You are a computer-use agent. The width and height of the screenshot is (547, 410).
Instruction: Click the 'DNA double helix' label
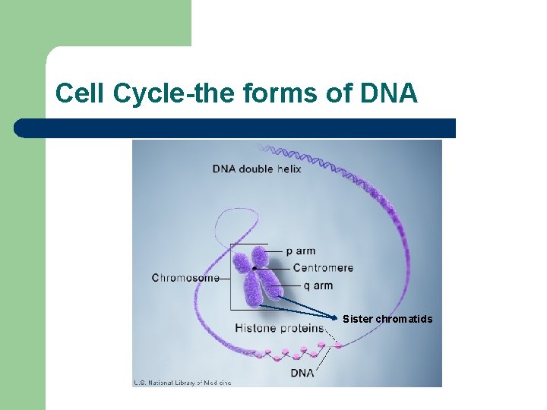click(x=257, y=169)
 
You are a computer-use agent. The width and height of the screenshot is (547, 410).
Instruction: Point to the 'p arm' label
click(x=301, y=251)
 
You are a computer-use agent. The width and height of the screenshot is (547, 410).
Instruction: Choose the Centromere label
click(x=323, y=268)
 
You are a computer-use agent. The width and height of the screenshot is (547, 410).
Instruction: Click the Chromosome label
click(x=185, y=278)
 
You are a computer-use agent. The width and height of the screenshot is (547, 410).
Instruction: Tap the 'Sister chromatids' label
click(x=387, y=319)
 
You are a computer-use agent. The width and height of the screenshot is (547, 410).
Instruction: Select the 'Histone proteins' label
click(x=280, y=328)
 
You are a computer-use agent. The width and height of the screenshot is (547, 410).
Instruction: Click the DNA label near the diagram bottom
click(x=303, y=374)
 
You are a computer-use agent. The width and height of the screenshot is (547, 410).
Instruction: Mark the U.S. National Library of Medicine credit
click(x=182, y=383)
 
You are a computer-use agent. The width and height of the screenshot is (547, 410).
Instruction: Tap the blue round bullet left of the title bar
click(x=23, y=128)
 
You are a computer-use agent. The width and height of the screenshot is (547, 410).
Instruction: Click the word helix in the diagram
click(x=286, y=169)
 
